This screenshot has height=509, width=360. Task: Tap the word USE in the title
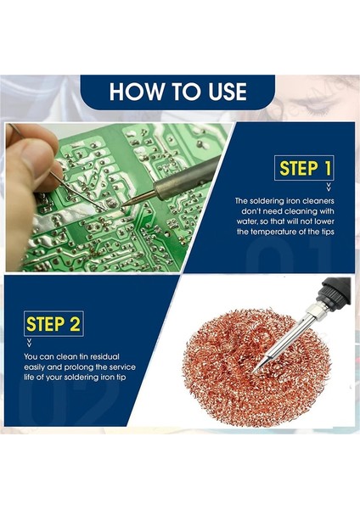click(x=228, y=92)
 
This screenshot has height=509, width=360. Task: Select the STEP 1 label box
click(x=304, y=168)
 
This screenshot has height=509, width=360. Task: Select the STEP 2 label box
click(x=53, y=324)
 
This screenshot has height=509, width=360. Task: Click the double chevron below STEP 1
click(x=329, y=187)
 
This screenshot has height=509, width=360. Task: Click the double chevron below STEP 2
click(x=29, y=343)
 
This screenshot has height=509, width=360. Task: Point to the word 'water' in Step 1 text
click(x=246, y=221)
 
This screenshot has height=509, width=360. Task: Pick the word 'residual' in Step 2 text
click(x=104, y=357)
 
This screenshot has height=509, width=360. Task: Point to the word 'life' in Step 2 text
click(x=29, y=378)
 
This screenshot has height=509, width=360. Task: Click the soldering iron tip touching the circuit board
click(x=125, y=204)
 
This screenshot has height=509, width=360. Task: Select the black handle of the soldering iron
click(x=334, y=293)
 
